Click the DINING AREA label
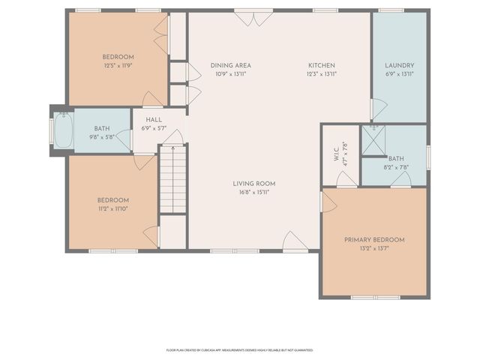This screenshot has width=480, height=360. (231, 65)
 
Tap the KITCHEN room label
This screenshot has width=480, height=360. (320, 65)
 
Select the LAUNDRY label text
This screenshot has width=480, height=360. (400, 65)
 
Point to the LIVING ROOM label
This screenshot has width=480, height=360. (253, 183)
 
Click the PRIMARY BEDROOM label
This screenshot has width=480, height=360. (374, 240)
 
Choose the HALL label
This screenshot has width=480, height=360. (154, 119)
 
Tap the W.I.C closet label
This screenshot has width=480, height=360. (336, 153)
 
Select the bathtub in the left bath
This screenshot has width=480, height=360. (62, 130)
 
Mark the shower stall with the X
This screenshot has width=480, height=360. (373, 139)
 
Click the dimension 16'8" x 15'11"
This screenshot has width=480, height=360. (253, 192)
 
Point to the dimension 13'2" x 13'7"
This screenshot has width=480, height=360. (374, 249)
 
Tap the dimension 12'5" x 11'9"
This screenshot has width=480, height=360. (118, 66)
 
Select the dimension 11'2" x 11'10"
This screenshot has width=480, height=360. (112, 209)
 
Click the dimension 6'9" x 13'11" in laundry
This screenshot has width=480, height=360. (400, 74)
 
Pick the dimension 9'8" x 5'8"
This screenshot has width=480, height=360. (102, 137)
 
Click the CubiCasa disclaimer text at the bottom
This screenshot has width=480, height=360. (239, 349)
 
